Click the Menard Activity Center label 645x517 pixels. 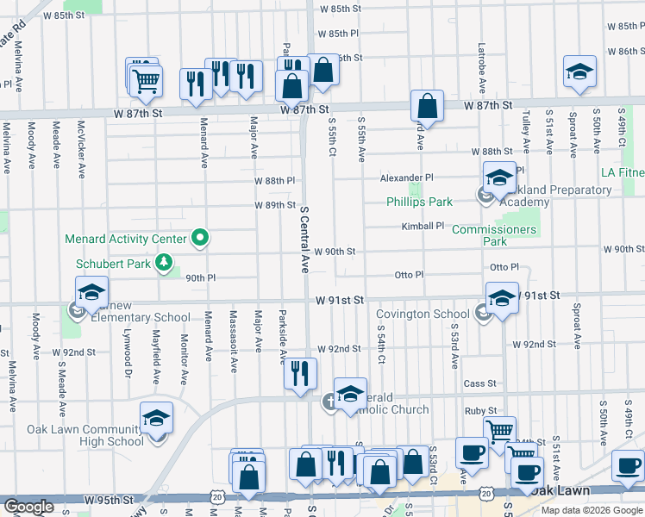tap(126, 239)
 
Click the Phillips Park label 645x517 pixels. tap(419, 202)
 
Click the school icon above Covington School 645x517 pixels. tap(502, 298)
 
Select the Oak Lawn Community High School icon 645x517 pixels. tap(157, 419)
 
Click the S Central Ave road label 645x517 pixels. tap(304, 239)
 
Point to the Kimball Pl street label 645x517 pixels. tap(422, 227)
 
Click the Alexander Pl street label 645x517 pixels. tap(407, 178)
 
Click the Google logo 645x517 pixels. tap(28, 507)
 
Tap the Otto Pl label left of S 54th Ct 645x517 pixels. tap(409, 275)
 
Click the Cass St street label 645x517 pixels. tap(480, 383)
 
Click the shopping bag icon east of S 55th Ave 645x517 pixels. tap(427, 107)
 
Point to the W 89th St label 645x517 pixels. tap(275, 205)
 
